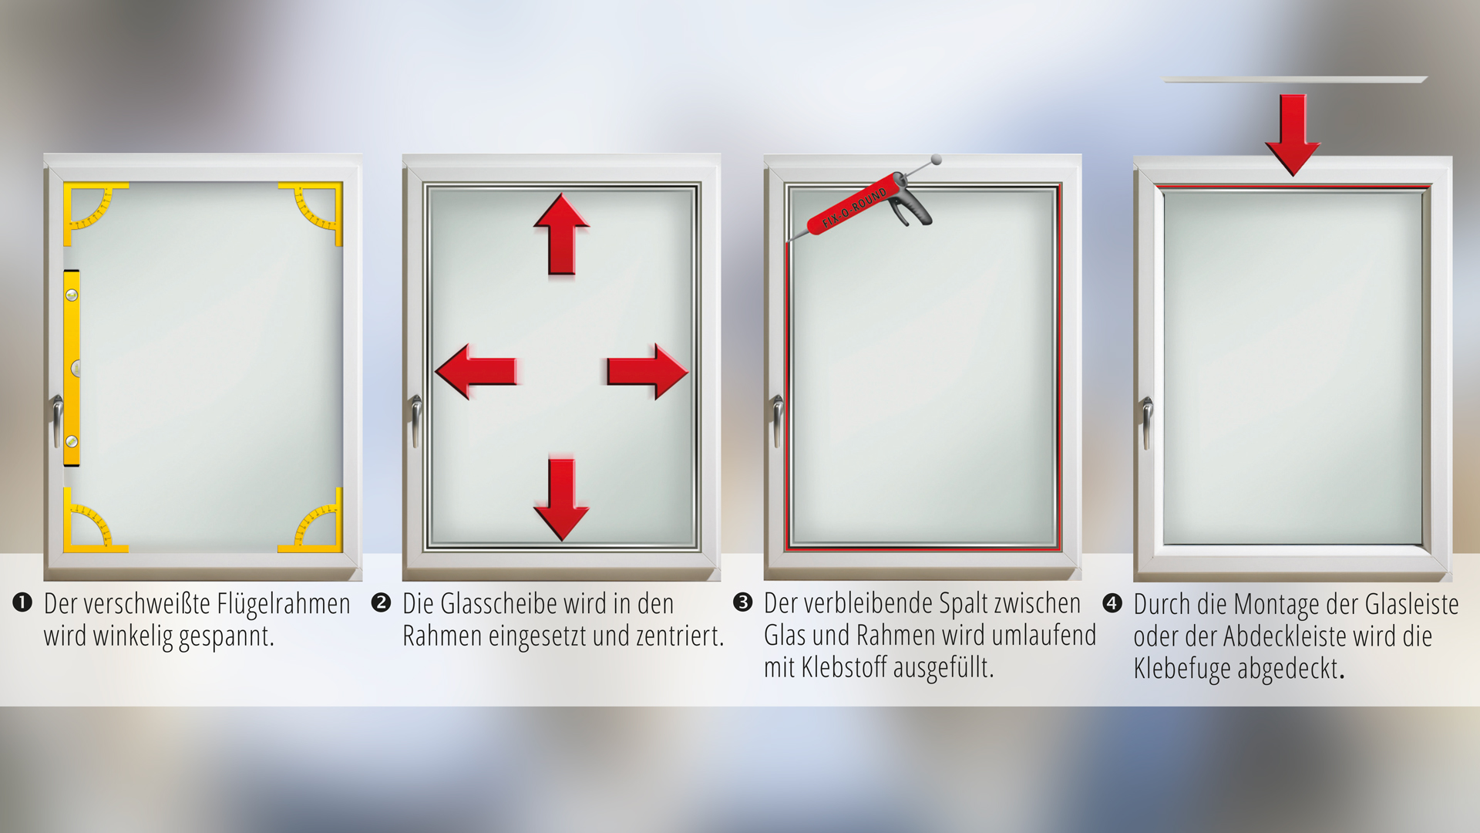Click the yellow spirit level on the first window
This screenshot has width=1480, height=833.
(x=71, y=368)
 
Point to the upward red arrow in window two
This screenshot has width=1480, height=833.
(x=562, y=234)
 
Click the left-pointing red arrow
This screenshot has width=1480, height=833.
(x=476, y=371)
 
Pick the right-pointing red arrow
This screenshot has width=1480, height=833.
(x=647, y=371)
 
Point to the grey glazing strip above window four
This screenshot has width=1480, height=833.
(x=1295, y=79)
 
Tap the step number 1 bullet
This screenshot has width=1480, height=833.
(x=22, y=602)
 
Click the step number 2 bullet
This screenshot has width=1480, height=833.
(x=381, y=602)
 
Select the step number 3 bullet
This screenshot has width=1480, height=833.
(x=742, y=602)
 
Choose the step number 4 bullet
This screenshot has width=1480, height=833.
(x=1112, y=602)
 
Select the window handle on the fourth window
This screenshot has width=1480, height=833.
(x=1148, y=420)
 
